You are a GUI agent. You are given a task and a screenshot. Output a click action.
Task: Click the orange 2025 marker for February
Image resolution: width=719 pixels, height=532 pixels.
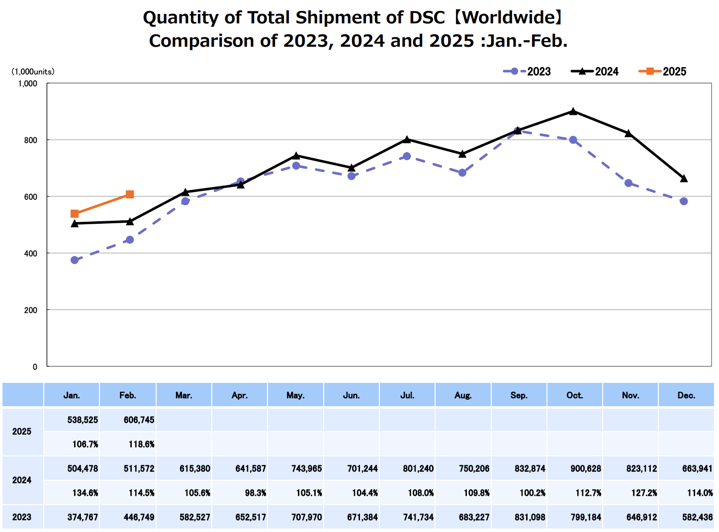pos(130,194)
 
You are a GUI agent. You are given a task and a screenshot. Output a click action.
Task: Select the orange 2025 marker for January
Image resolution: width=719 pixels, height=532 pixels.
pos(75,214)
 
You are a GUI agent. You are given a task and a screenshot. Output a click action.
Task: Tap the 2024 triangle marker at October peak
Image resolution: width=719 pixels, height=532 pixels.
pos(573,111)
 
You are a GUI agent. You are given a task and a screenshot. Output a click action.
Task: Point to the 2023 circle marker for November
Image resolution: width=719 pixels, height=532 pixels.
pos(629,183)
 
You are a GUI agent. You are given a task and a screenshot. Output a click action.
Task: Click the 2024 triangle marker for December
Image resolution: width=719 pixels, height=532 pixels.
pos(684,178)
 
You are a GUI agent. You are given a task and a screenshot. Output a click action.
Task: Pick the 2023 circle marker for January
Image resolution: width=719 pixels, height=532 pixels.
pos(75,260)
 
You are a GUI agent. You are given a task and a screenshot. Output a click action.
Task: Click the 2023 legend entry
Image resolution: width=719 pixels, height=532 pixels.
pos(527,72)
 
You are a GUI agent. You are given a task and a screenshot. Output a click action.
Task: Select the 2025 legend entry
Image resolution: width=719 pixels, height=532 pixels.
pos(662,72)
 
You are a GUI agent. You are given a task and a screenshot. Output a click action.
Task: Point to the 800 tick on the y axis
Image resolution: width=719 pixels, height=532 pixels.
pos(31,140)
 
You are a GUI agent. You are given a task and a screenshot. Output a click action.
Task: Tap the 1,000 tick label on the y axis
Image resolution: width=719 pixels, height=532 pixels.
pos(28,84)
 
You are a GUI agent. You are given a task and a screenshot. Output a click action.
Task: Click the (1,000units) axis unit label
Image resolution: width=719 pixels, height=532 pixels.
pos(33,72)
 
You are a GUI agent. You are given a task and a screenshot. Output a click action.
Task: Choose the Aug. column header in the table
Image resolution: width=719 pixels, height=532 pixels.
pos(463,395)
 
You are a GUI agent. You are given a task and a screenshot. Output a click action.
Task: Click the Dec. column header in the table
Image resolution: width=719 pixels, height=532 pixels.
pos(686,395)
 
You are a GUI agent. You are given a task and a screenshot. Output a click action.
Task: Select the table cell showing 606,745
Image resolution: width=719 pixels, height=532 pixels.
pos(139,420)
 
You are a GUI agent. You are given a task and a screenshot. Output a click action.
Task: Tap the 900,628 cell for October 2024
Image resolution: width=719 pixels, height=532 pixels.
pos(586,468)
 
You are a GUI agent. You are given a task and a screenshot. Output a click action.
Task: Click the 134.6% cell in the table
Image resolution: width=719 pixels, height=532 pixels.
pos(85,493)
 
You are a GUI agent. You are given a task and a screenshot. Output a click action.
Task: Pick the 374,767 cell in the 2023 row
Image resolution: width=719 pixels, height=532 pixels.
pos(83,517)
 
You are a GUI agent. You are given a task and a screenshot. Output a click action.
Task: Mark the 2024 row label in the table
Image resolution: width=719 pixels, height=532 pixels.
pos(22,480)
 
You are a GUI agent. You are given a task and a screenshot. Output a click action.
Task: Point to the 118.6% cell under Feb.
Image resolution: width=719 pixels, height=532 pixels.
pos(141,444)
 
